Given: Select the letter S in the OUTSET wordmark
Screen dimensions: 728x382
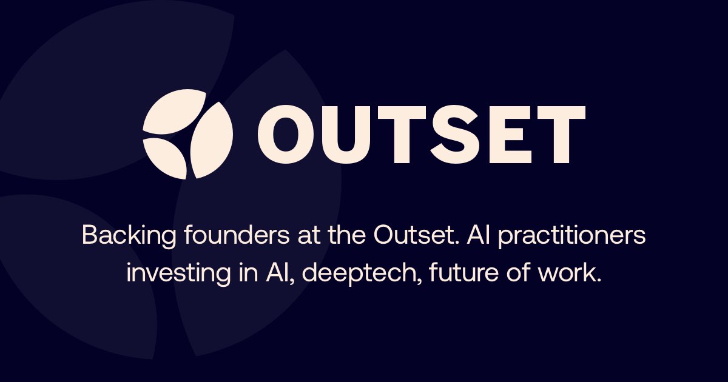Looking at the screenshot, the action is [461, 134].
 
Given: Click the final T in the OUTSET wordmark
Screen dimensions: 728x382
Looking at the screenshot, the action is [561, 135].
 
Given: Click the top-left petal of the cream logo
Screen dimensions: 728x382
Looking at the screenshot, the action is [174, 111].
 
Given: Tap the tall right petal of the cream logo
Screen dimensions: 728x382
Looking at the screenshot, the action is [211, 140].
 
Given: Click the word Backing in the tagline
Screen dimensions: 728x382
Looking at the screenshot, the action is [129, 236].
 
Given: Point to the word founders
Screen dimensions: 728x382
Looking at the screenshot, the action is [237, 235].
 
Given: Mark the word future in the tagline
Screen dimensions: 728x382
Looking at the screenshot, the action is [463, 272].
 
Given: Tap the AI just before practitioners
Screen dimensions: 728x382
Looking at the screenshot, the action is [479, 235].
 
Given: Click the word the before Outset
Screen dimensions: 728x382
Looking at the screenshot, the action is [346, 235].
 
